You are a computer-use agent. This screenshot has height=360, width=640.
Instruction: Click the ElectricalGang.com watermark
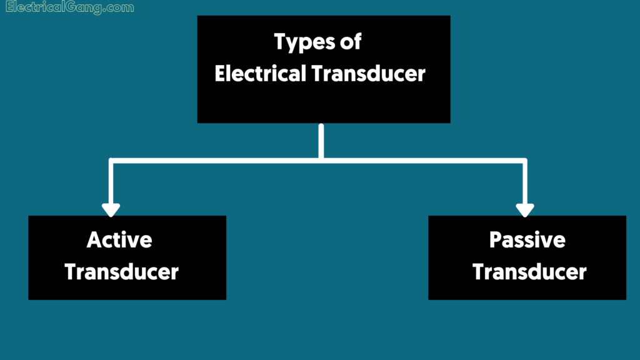tap(69, 8)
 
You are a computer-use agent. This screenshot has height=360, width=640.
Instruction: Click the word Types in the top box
tap(302, 42)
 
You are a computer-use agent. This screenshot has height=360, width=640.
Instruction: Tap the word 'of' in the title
tap(351, 42)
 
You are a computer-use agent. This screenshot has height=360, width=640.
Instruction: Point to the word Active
tap(119, 239)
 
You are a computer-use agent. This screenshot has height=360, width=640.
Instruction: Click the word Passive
tap(527, 239)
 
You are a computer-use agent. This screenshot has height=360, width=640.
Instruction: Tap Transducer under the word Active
tap(122, 272)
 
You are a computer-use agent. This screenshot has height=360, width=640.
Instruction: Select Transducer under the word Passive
tap(529, 272)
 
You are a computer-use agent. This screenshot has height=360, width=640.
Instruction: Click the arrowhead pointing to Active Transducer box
tap(111, 209)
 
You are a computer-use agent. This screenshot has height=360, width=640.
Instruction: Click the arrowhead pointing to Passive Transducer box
tap(525, 209)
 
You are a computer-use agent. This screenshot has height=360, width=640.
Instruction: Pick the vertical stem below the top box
tap(321, 141)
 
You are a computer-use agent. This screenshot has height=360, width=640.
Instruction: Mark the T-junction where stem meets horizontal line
tap(321, 161)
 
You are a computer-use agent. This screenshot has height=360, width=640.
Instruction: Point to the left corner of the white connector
tap(111, 161)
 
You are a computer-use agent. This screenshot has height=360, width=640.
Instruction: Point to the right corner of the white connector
tap(524, 161)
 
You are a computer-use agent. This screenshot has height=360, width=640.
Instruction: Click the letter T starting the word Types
tap(280, 42)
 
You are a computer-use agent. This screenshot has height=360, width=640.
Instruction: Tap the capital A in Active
tap(94, 239)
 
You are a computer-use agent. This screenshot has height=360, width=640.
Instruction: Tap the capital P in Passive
tap(496, 239)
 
